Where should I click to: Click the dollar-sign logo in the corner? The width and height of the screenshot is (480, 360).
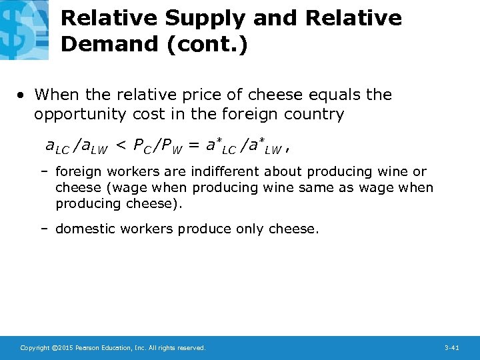pos(24,29)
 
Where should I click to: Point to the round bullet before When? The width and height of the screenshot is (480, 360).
pos(22,95)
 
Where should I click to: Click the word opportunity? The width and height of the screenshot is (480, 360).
pos(79,115)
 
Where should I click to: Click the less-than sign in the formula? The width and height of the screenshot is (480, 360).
pos(120,144)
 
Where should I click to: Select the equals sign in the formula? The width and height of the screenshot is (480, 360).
pos(193,144)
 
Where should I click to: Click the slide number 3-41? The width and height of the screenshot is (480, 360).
pos(451,348)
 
